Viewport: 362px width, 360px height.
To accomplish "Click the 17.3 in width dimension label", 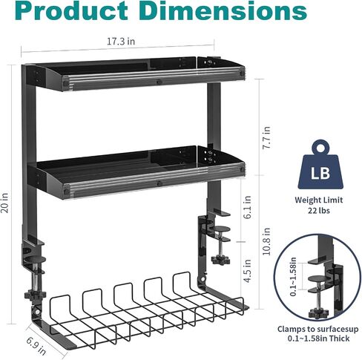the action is tap(121, 42).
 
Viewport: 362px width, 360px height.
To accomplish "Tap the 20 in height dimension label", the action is tap(4, 203).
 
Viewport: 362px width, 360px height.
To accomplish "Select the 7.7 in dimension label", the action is tap(266, 137).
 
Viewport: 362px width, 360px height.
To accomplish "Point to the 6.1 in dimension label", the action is tap(247, 207).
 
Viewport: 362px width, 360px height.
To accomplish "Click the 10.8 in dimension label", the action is tap(266, 241).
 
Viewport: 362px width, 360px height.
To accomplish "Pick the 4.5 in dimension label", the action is tap(247, 271).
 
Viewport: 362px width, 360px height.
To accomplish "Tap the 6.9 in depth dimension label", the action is tap(36, 345).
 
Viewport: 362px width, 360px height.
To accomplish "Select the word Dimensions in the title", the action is tap(225, 11).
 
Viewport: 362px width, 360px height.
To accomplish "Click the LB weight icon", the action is tap(320, 165).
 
